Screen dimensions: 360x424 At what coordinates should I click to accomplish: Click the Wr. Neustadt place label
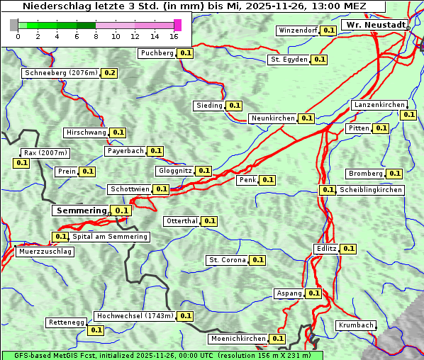375,25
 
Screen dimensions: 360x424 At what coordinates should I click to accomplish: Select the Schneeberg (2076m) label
60,73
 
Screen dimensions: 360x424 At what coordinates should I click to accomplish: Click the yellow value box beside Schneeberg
110,73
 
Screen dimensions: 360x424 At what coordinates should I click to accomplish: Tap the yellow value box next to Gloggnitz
203,171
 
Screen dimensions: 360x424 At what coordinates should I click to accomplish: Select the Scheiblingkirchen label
370,190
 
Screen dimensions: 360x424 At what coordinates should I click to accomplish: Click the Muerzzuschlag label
45,252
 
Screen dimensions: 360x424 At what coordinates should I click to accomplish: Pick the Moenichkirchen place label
238,339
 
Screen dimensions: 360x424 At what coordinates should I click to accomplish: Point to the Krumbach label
356,325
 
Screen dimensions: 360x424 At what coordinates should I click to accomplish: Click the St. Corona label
227,260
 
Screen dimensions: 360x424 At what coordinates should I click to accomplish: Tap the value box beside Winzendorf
328,30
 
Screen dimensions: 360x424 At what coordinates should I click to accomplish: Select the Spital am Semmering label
110,237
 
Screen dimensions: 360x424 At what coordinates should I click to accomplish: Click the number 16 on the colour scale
174,36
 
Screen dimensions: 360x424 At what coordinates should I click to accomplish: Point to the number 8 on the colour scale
96,36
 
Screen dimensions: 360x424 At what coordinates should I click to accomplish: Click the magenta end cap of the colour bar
177,26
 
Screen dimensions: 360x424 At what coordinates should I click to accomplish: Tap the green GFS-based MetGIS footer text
162,355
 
